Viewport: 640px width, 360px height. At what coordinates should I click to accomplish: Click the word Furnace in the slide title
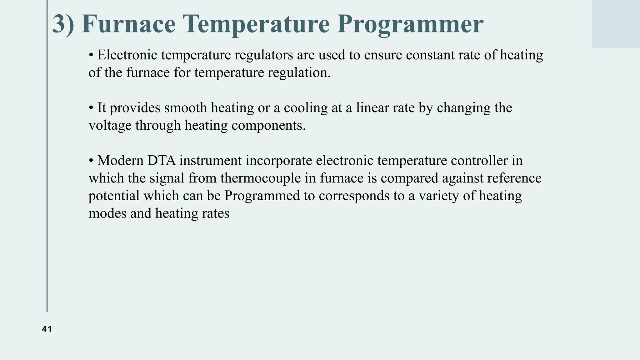[x=128, y=24]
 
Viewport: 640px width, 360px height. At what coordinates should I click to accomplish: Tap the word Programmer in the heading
[x=410, y=24]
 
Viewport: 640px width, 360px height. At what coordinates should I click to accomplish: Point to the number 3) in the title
[x=63, y=24]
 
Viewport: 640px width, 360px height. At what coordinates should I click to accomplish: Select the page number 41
[x=47, y=329]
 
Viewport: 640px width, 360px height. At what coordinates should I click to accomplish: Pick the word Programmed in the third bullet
[x=262, y=196]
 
